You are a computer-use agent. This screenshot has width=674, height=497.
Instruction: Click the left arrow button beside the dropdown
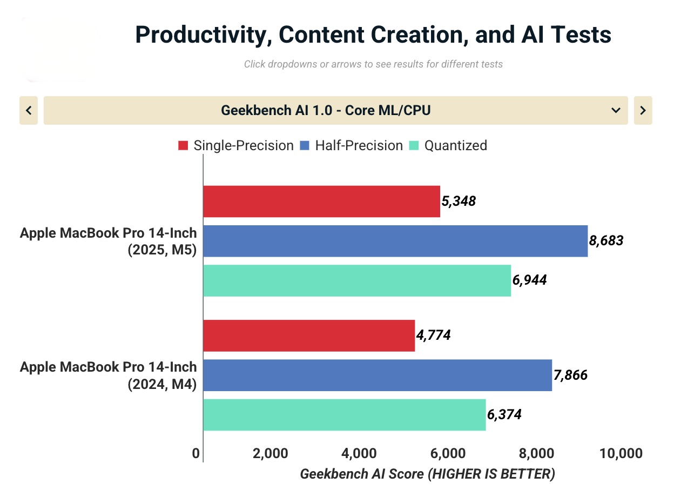[x=29, y=110]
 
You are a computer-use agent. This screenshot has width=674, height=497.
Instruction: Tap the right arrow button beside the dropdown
[x=643, y=110]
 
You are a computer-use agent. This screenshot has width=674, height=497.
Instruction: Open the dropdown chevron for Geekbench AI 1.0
[x=615, y=110]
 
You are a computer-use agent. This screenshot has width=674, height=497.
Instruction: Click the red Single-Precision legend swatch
[x=183, y=146]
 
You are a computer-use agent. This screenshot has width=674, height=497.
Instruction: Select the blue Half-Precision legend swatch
[x=305, y=146]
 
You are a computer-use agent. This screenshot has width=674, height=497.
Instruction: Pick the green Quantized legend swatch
[x=414, y=146]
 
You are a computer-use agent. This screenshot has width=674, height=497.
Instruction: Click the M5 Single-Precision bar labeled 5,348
[x=321, y=202]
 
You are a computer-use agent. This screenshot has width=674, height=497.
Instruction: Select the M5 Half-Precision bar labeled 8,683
[x=395, y=241]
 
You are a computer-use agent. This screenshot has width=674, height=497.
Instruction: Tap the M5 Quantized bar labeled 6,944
[x=356, y=280]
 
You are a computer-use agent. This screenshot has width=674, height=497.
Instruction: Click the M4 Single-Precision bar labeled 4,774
[x=309, y=335]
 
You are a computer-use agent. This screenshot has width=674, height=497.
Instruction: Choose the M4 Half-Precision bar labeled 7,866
[x=377, y=375]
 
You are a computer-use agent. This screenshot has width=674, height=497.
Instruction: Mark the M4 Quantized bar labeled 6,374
[x=344, y=415]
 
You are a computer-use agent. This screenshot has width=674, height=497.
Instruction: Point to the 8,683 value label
[x=606, y=241]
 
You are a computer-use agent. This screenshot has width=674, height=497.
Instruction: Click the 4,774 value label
[x=433, y=335]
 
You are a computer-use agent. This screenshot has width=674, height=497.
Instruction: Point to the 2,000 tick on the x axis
[x=270, y=453]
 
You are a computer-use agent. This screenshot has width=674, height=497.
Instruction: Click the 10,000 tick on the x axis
[x=621, y=453]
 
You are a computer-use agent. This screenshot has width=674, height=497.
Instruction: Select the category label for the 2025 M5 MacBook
[x=108, y=241]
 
